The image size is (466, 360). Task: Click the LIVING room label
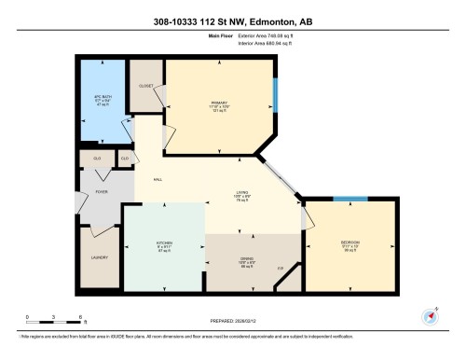pos(240,192)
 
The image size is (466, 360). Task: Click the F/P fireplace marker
pos(280,268)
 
